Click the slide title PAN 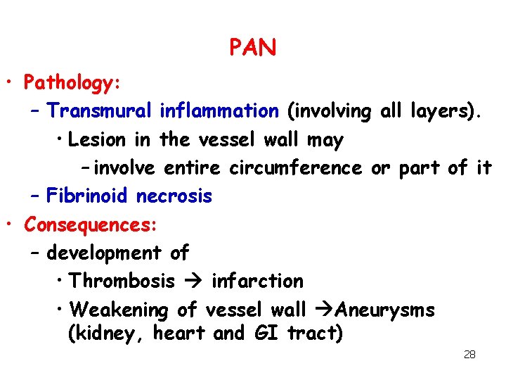(x=252, y=48)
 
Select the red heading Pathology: (x=73, y=83)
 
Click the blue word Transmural (x=100, y=111)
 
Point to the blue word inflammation (x=219, y=111)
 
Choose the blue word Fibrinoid (x=88, y=196)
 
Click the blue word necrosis (x=174, y=196)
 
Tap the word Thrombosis (x=122, y=281)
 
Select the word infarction (x=257, y=281)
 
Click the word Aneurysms (x=385, y=310)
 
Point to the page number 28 (x=469, y=355)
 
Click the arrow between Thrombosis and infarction (x=193, y=281)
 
